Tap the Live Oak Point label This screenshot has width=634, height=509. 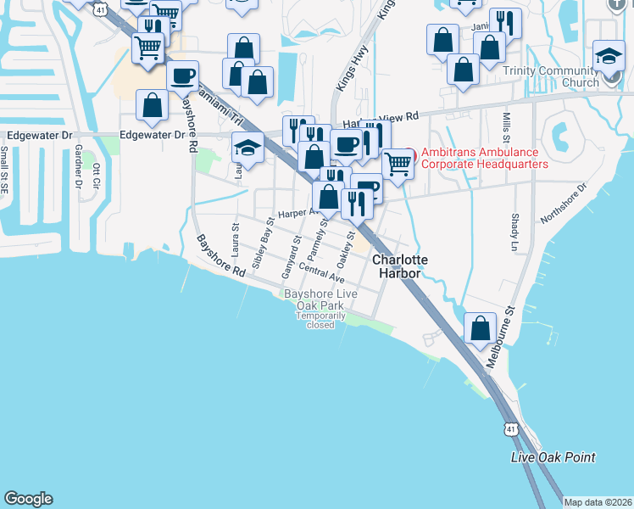(x=553, y=457)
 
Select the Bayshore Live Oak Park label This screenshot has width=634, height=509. (x=320, y=299)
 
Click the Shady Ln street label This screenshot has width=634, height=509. (x=514, y=225)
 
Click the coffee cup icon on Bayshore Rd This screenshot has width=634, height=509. (x=182, y=77)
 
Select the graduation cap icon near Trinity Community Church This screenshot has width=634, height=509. (x=609, y=56)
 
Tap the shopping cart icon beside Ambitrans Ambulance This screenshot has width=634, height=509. (x=397, y=164)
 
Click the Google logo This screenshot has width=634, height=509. (x=28, y=499)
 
